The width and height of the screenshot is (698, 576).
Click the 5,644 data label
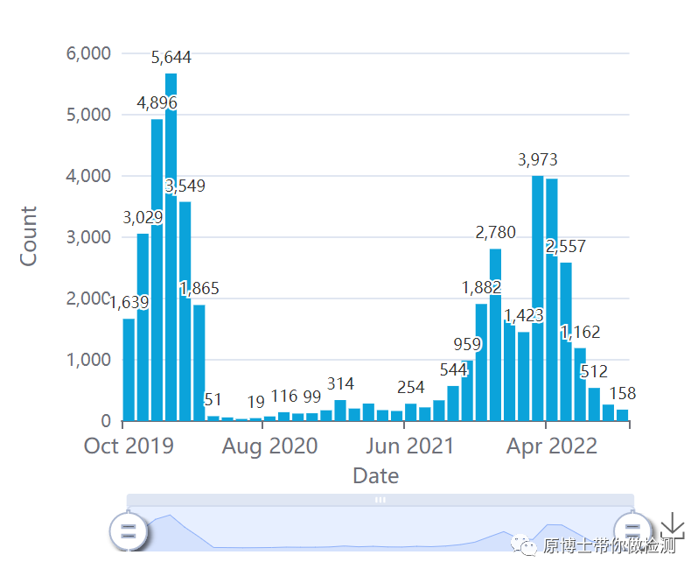click(x=171, y=58)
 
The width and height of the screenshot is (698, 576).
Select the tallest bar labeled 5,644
click(x=171, y=263)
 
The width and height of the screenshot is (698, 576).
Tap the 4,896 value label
click(x=157, y=103)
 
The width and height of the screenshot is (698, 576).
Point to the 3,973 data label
click(x=537, y=160)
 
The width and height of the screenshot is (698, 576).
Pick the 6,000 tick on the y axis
click(x=88, y=53)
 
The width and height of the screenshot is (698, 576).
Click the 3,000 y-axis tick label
click(x=88, y=237)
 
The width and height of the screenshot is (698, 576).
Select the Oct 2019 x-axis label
click(x=129, y=446)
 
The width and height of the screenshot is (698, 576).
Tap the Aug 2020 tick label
click(x=269, y=446)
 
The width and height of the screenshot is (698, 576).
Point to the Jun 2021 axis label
click(x=411, y=446)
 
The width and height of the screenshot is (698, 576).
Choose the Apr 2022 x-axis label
click(x=552, y=446)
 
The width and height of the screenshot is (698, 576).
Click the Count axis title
click(x=29, y=236)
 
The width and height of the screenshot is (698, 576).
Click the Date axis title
click(x=375, y=476)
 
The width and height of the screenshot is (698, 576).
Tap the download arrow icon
click(x=672, y=527)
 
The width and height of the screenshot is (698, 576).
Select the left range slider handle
click(x=129, y=530)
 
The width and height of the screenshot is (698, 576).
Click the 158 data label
click(x=622, y=394)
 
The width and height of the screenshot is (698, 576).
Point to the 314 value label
click(x=340, y=384)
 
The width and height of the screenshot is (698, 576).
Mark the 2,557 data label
click(x=565, y=247)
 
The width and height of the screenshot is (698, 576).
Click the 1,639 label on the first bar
click(x=129, y=303)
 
